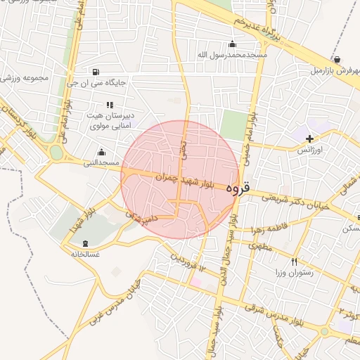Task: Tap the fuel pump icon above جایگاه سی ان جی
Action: [96, 72]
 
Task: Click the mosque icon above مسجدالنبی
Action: [101, 152]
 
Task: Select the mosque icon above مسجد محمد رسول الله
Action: [233, 44]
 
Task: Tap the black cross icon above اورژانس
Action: [309, 139]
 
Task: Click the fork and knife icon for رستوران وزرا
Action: [294, 262]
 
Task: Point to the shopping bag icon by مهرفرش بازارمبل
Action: [338, 60]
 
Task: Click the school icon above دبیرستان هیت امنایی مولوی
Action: [109, 105]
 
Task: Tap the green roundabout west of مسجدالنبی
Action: [56, 153]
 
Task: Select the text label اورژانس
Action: [309, 150]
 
